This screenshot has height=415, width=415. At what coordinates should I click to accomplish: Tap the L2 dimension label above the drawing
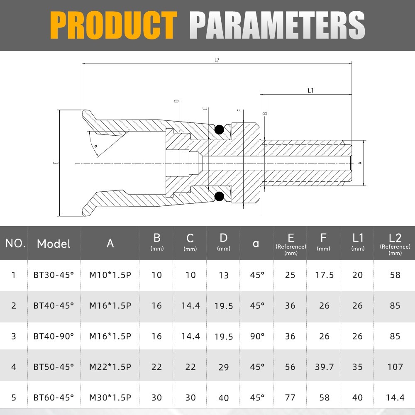[217, 60]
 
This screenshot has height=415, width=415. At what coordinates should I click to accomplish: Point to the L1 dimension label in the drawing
[310, 90]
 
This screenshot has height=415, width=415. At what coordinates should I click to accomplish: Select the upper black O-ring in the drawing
[219, 130]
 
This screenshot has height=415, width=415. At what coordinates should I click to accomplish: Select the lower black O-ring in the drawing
[219, 196]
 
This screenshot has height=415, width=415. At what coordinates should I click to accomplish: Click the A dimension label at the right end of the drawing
[360, 163]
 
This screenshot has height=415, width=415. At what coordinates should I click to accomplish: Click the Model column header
[54, 244]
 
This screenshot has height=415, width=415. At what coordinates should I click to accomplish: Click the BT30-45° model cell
[54, 275]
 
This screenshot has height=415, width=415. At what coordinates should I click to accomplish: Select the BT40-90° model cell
[54, 336]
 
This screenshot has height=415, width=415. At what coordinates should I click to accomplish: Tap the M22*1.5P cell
[110, 366]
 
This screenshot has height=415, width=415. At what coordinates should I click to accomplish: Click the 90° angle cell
[257, 336]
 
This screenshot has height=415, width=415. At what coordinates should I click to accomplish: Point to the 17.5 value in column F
[324, 275]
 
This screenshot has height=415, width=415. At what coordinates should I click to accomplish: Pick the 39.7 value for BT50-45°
[324, 366]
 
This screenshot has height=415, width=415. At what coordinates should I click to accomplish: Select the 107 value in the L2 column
[395, 366]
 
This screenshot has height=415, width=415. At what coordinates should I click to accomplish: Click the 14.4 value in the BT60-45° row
[395, 397]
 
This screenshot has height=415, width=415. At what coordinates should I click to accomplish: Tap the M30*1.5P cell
[110, 397]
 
